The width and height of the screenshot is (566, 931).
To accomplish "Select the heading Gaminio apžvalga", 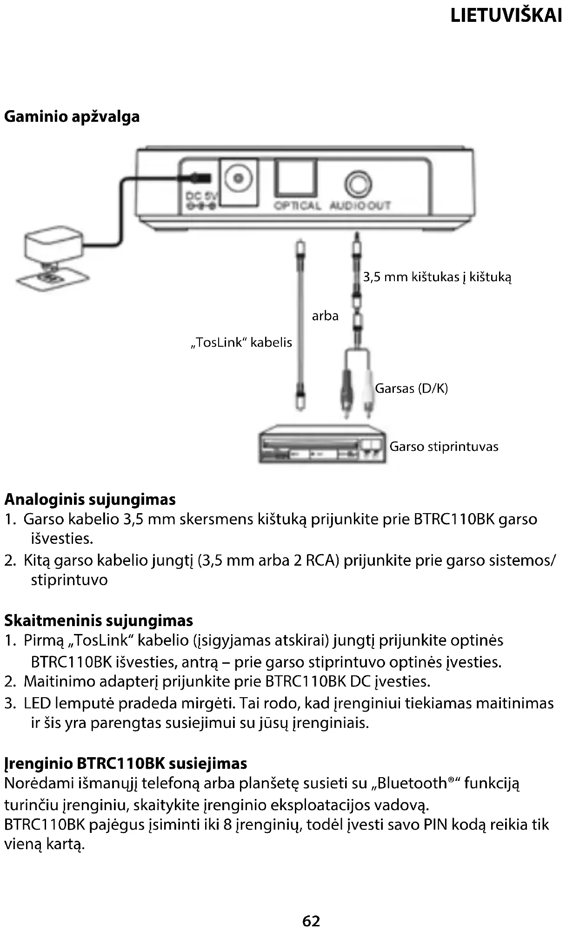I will click(72, 116).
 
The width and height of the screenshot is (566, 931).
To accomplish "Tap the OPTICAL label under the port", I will click(297, 205).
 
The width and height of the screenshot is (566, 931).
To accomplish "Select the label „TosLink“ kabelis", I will click(241, 343).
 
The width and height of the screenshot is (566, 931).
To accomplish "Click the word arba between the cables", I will click(325, 316).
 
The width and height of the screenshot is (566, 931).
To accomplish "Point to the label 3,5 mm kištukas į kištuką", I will click(437, 277).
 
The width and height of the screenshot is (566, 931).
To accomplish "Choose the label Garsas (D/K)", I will click(411, 388).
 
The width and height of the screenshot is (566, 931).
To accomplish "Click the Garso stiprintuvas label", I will click(444, 447).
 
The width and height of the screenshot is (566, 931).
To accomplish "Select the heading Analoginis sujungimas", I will click(90, 499).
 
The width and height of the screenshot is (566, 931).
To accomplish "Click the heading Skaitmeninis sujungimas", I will click(99, 621).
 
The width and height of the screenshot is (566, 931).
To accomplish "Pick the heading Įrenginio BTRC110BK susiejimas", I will click(126, 763).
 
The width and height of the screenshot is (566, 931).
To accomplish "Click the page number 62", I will click(311, 920).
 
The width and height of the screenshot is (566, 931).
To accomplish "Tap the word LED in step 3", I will click(37, 703).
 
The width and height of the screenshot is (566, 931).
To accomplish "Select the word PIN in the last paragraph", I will click(435, 825).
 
